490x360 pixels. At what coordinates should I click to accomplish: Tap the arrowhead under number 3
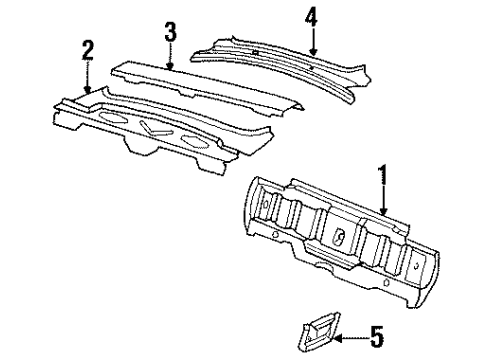point(171,67)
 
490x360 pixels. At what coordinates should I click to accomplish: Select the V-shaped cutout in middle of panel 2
point(155,128)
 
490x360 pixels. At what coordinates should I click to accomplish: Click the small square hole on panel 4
point(258,50)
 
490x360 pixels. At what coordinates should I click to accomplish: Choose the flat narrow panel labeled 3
point(200,84)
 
